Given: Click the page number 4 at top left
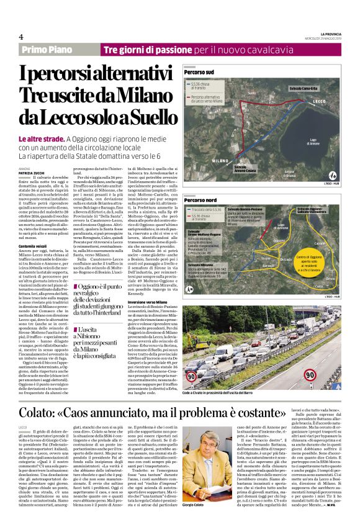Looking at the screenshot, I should coord(21,36).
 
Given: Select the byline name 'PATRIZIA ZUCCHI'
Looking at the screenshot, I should coord(32,155).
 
